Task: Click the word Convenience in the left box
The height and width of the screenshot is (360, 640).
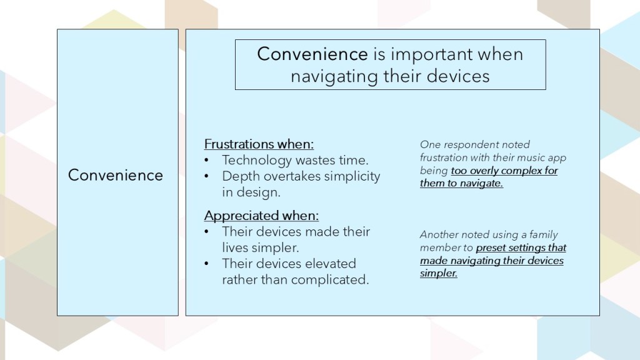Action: coord(116,175)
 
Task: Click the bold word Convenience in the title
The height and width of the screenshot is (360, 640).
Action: coord(312,54)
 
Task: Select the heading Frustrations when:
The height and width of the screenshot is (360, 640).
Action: coord(259,144)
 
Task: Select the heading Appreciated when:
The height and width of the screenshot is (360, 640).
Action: coord(261,216)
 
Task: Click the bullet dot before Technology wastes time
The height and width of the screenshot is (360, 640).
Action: coord(206,160)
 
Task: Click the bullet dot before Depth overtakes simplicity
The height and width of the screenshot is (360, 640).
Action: coord(206,176)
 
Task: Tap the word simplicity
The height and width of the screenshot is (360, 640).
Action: coord(352,177)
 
